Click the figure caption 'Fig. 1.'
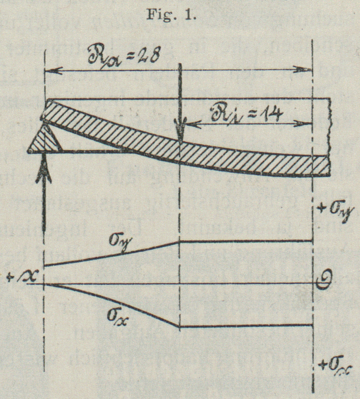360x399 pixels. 171,14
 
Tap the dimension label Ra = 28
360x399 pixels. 123,56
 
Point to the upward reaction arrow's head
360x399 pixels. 43,170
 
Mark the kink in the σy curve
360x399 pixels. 179,241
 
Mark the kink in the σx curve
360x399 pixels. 179,326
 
